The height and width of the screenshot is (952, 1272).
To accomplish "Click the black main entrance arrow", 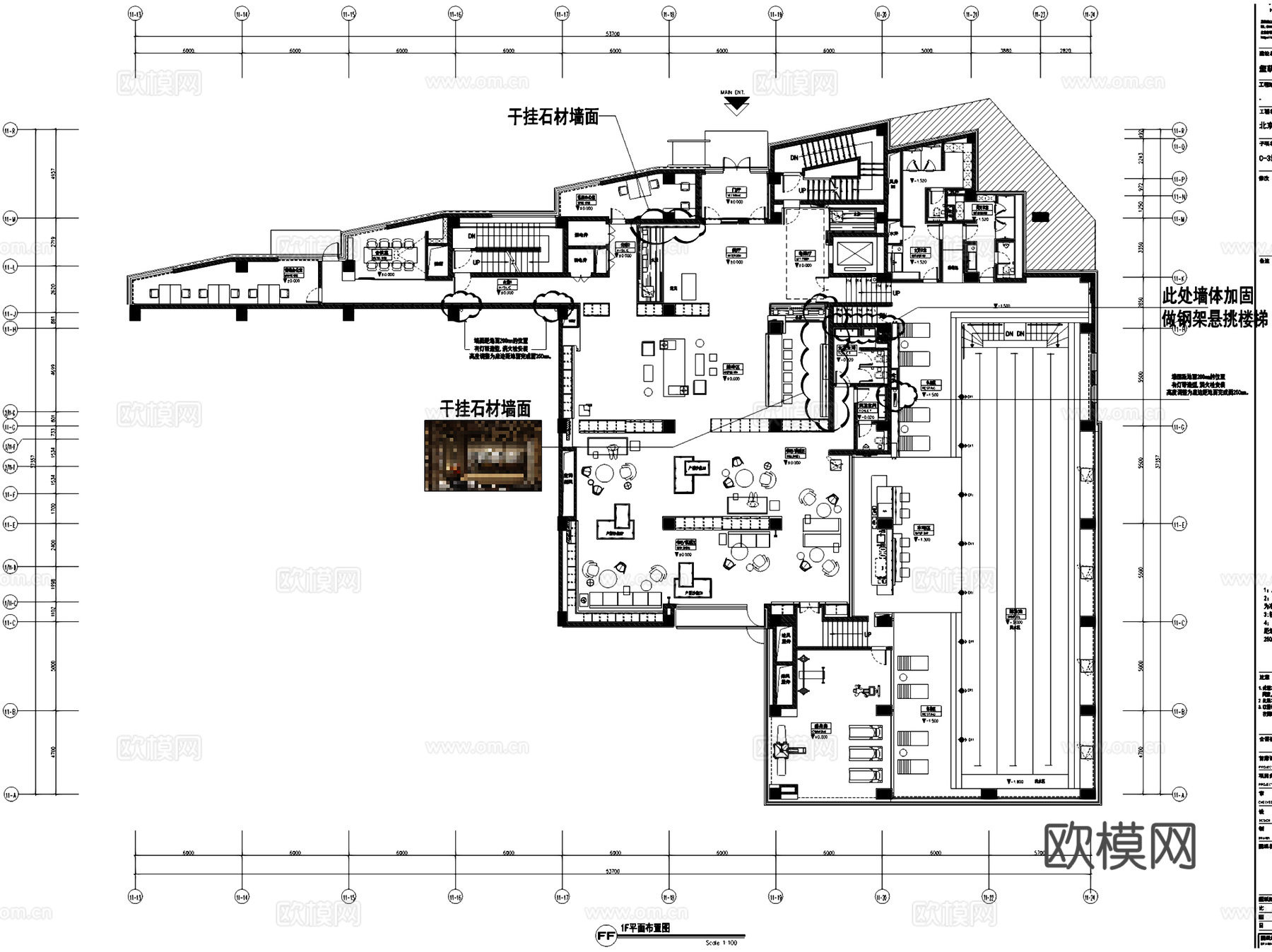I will [736, 105].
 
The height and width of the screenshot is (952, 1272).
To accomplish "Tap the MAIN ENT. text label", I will [732, 93].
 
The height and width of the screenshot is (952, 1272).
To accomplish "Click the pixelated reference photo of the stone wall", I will [483, 455].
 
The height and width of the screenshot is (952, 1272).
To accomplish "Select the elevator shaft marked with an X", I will [854, 254].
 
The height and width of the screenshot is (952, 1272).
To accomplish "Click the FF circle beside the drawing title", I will [606, 936].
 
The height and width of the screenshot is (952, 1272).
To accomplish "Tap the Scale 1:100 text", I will [721, 943].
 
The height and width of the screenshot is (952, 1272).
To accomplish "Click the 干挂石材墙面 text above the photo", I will [485, 409].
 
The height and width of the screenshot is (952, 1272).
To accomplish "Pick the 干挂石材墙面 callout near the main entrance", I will [553, 117].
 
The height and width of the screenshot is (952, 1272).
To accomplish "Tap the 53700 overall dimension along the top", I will [613, 33].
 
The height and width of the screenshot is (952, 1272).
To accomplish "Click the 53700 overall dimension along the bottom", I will [613, 871].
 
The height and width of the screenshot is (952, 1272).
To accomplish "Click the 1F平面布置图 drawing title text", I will [644, 928].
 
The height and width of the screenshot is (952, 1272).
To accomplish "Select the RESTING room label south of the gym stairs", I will [930, 711].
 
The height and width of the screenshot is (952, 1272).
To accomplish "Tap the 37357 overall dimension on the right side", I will [1158, 462].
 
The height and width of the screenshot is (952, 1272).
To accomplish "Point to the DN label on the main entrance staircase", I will [794, 158].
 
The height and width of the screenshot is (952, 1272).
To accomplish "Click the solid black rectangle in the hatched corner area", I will [1040, 217].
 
